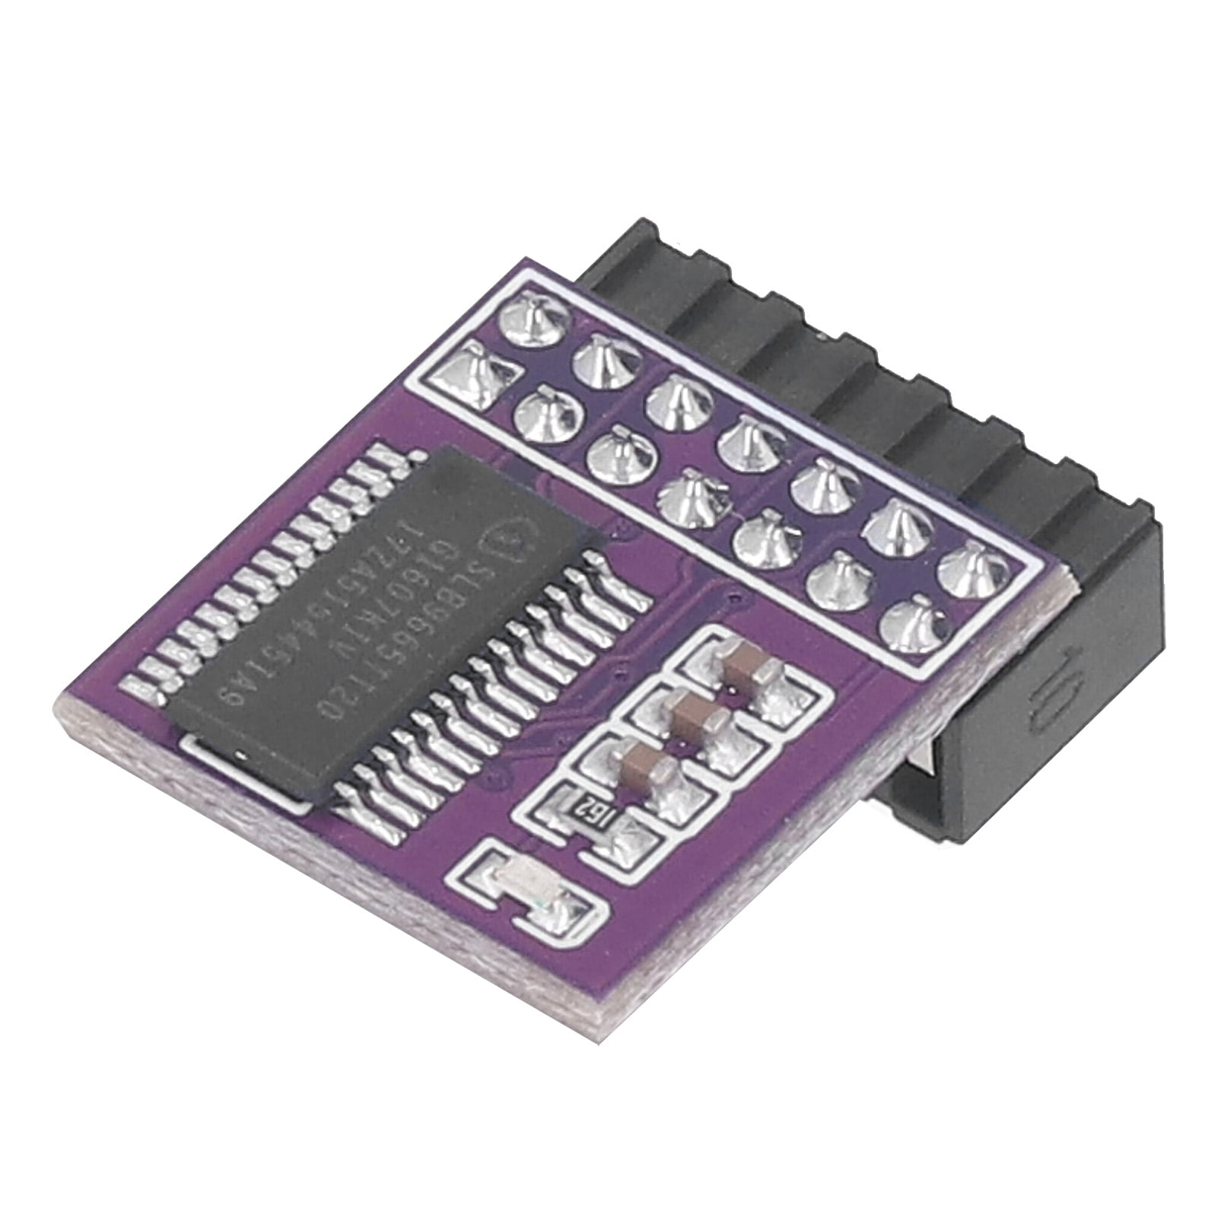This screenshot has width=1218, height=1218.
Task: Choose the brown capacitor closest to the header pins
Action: point(739,669)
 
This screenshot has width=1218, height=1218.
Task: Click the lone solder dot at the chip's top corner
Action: point(417,454)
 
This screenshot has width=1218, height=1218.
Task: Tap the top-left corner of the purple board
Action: point(517,259)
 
